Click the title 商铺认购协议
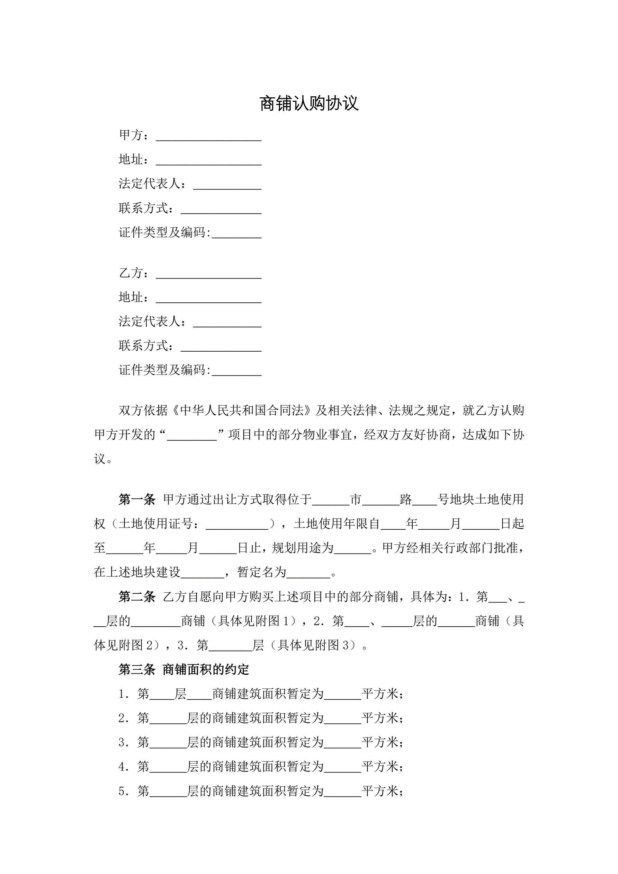[x=309, y=104]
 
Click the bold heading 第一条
[x=137, y=500]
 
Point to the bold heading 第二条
[x=137, y=597]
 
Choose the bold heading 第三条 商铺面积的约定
[x=184, y=669]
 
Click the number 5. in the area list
[x=124, y=791]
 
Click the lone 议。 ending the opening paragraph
[x=103, y=459]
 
